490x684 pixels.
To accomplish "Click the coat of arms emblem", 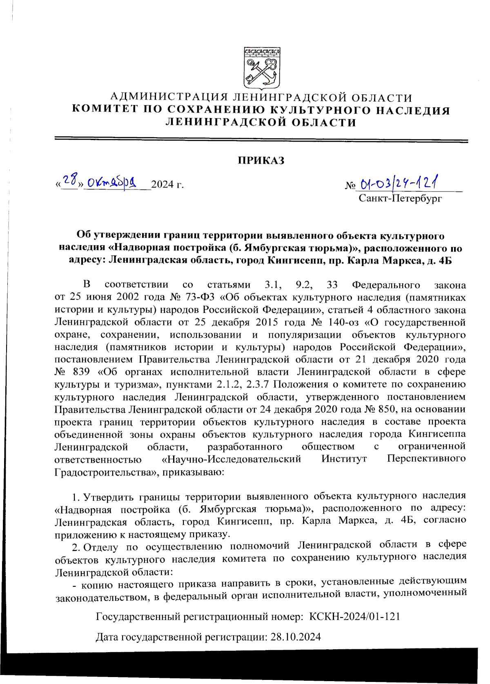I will pyautogui.click(x=262, y=68).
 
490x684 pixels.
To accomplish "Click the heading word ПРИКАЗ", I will pyautogui.click(x=261, y=160).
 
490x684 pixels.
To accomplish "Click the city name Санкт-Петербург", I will pyautogui.click(x=400, y=198).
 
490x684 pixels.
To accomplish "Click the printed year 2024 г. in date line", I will pyautogui.click(x=167, y=185).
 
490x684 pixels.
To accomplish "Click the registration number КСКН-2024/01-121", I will pyautogui.click(x=354, y=616).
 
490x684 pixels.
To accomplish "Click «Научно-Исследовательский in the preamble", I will pyautogui.click(x=231, y=459).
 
